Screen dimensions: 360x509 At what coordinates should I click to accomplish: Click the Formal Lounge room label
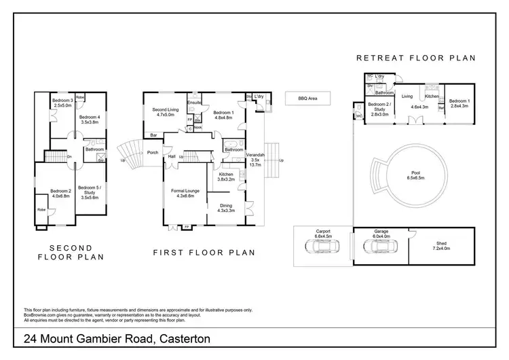(x=185, y=194)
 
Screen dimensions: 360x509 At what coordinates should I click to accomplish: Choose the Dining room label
(x=225, y=208)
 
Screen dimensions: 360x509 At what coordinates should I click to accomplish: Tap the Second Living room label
(x=164, y=112)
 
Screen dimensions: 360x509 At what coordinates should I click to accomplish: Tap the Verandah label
(x=255, y=160)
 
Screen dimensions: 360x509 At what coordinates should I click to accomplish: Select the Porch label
(x=153, y=152)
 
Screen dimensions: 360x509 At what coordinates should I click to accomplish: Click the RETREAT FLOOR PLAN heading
(x=415, y=58)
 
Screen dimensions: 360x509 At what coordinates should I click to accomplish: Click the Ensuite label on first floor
(x=195, y=103)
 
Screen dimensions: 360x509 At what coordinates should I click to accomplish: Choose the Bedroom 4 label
(x=89, y=120)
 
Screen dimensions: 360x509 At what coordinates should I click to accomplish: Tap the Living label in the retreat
(x=407, y=96)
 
